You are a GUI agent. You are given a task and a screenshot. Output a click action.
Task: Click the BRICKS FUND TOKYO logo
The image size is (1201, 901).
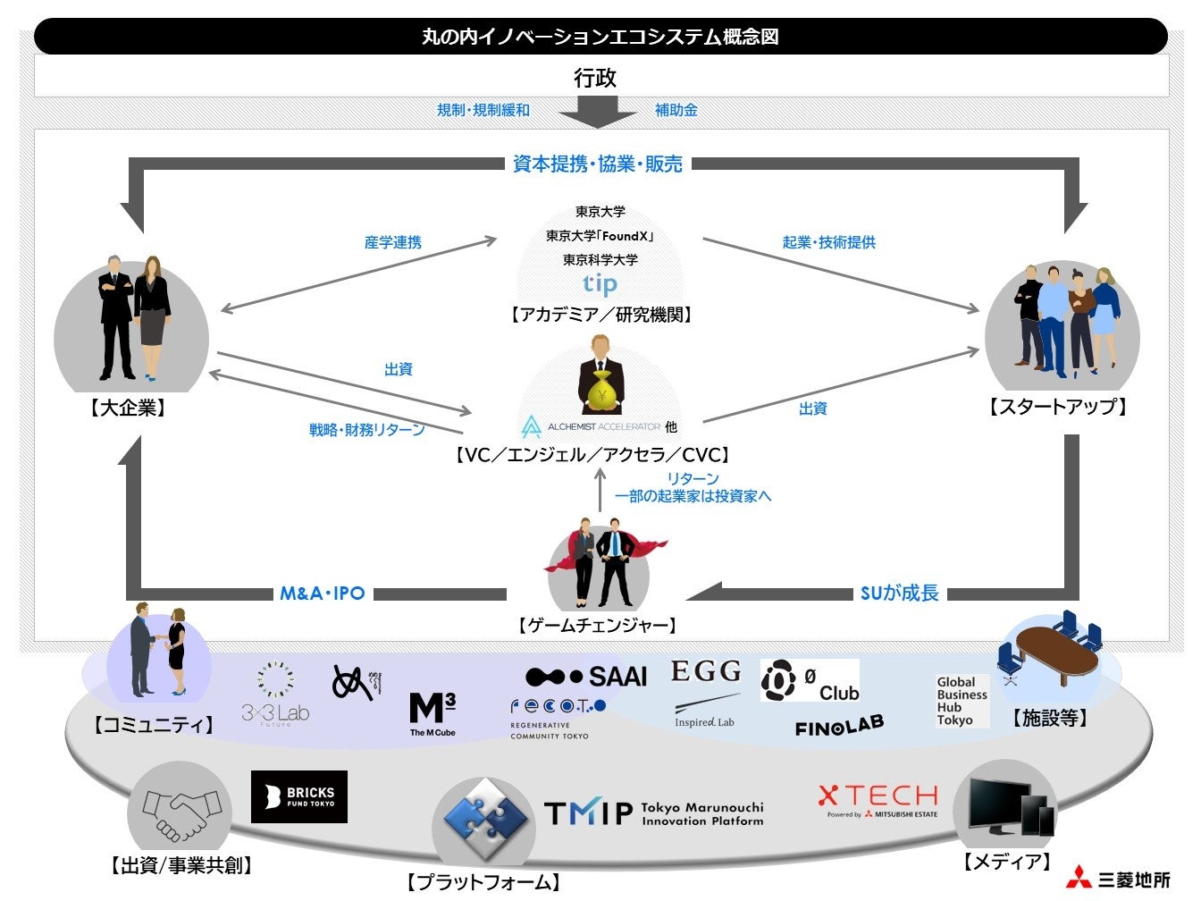pos(298,796)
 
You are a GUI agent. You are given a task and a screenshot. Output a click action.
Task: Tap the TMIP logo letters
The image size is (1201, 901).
pos(587,813)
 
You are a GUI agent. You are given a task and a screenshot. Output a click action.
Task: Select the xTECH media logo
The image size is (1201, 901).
pos(878,798)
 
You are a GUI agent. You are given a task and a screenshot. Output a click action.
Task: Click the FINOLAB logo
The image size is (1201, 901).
pos(839,726)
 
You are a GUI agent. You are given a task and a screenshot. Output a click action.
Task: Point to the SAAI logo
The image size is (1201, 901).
pos(586,677)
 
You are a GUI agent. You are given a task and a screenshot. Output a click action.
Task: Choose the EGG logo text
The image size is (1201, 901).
pos(706,671)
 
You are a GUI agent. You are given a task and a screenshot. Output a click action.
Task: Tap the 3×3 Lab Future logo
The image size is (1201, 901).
pos(275,693)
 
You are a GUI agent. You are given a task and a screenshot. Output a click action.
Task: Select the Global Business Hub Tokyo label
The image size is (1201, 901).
pos(962,701)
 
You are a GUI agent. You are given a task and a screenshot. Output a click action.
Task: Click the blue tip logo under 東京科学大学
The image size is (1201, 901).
pos(600,284)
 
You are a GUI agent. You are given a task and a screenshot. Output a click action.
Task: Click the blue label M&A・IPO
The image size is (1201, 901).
pos(323,594)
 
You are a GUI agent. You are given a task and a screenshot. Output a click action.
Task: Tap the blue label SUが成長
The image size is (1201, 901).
pos(899,594)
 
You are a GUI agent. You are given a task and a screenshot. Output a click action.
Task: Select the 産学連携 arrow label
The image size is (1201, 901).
pos(392,242)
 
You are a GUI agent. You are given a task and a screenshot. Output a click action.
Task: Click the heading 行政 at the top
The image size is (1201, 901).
pos(595,78)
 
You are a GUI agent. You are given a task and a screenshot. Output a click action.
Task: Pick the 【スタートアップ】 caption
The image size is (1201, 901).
pos(1058,408)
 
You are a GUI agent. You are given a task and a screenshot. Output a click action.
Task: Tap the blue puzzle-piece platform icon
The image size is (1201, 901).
pos(484,815)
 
